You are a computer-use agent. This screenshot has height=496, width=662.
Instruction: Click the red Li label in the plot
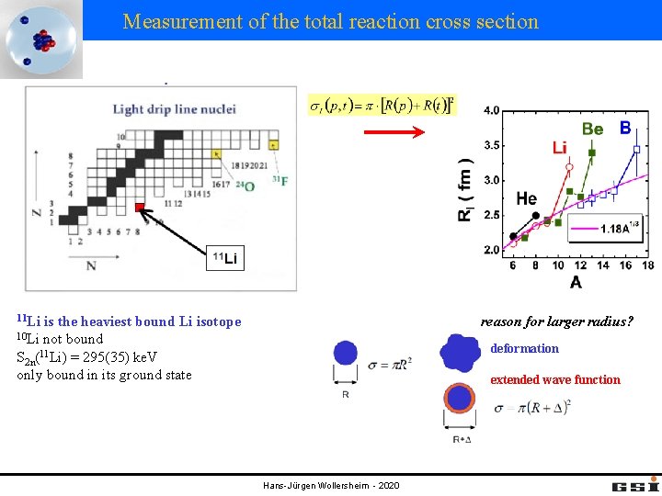[x=560, y=147]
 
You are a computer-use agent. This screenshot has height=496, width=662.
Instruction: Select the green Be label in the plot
[x=592, y=130]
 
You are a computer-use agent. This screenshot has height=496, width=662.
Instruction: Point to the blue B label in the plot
[x=625, y=128]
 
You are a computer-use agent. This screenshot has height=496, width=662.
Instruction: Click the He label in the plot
[x=527, y=197]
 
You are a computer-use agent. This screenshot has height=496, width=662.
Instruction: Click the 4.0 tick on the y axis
[x=492, y=111]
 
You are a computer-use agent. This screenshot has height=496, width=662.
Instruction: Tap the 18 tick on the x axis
[x=647, y=265]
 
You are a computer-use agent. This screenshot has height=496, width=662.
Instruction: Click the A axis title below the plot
[x=576, y=282]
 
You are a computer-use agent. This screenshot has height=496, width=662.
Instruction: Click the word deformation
[x=524, y=349]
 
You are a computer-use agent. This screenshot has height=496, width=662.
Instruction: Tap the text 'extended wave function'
[x=555, y=379]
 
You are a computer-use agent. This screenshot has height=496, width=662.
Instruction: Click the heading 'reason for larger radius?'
[x=557, y=321]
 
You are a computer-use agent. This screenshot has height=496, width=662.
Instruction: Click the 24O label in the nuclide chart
[x=245, y=185]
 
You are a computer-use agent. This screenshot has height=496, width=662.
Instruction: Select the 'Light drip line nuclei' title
[x=175, y=109]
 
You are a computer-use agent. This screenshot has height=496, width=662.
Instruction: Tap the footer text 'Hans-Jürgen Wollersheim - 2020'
[x=331, y=485]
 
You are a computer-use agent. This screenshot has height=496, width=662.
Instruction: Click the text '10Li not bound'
[x=61, y=339]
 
